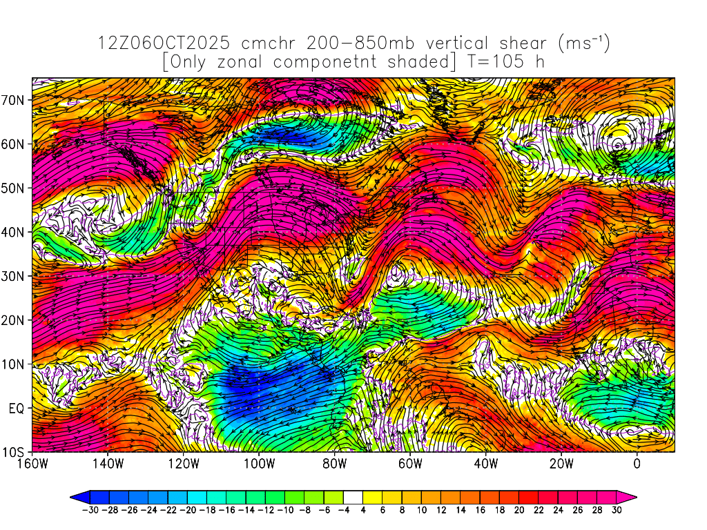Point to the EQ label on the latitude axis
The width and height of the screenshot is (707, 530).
click(17, 408)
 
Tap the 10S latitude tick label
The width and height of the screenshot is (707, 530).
click(14, 452)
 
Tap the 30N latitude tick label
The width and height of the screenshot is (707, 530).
click(14, 276)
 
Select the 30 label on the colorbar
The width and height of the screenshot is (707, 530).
click(617, 510)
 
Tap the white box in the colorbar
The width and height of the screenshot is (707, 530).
click(353, 496)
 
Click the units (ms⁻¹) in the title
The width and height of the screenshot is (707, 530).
click(583, 43)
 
